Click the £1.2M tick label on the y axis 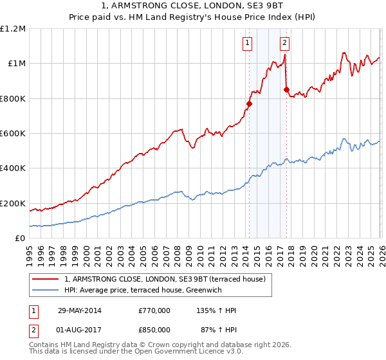(13, 28)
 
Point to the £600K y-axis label (13, 134)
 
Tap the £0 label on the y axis (19, 239)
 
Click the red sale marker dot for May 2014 (249, 104)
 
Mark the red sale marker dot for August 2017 (286, 89)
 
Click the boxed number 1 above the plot (248, 44)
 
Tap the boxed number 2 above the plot (284, 44)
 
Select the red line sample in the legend (46, 279)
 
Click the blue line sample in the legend (46, 291)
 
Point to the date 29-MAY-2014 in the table (80, 310)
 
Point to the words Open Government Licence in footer (190, 352)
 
